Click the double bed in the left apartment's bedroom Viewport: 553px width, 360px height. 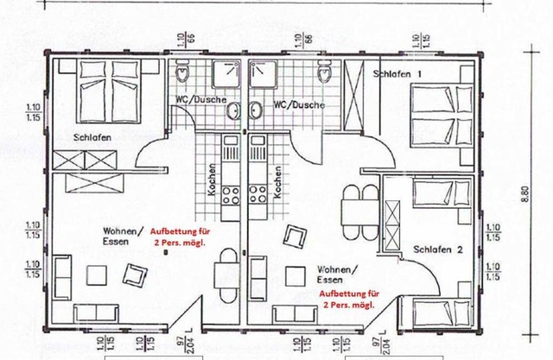109,86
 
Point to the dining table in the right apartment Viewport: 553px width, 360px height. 353,208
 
